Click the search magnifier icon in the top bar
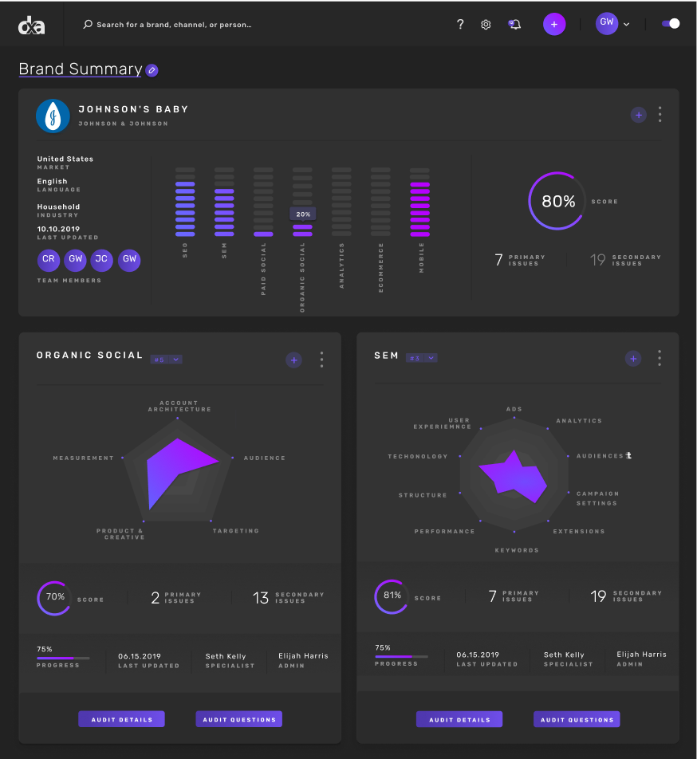tap(88, 25)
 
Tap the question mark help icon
tap(460, 25)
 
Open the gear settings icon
tap(486, 25)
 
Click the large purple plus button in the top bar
tap(554, 24)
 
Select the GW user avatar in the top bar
tap(607, 23)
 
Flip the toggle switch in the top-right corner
tap(671, 24)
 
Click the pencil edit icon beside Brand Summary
tap(152, 70)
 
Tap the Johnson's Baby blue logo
tap(53, 116)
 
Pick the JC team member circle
tap(101, 260)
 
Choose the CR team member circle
tap(49, 260)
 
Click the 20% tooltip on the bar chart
tap(303, 214)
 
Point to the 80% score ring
tap(557, 202)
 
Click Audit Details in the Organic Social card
tap(121, 719)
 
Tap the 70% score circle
tap(55, 597)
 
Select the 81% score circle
tap(392, 596)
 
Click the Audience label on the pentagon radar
tap(264, 458)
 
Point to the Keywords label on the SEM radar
tap(517, 550)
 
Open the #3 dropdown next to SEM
tap(421, 359)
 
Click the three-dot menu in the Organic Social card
tap(321, 360)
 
